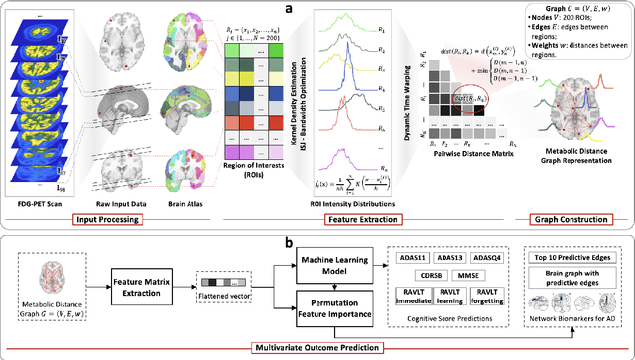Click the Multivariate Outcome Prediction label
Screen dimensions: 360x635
click(x=317, y=348)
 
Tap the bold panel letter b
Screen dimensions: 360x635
click(x=317, y=240)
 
